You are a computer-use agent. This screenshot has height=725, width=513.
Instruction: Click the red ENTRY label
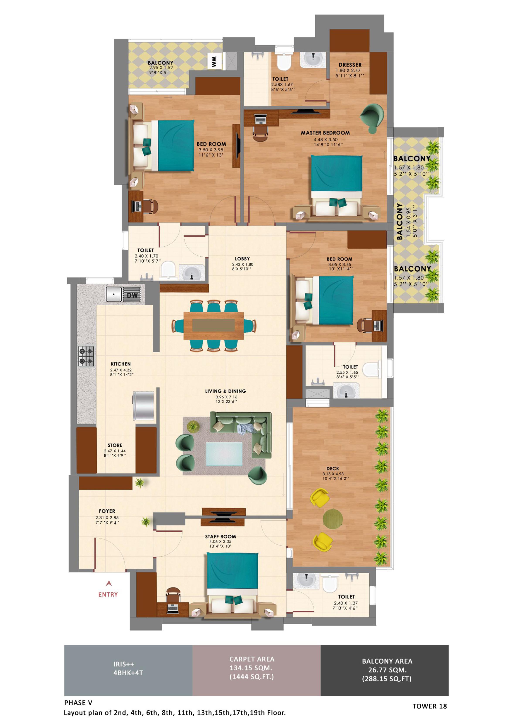pyautogui.click(x=108, y=595)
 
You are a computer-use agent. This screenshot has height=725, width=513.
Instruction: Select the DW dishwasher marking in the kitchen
pyautogui.click(x=132, y=295)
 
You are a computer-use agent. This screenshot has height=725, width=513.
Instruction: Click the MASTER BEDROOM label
pyautogui.click(x=325, y=133)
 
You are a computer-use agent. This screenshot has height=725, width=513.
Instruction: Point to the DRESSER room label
pyautogui.click(x=350, y=65)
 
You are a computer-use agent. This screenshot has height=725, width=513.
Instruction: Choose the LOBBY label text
pyautogui.click(x=242, y=259)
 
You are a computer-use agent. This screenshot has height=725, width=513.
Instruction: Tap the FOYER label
pyautogui.click(x=107, y=511)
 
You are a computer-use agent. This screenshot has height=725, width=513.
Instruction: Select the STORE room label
pyautogui.click(x=115, y=445)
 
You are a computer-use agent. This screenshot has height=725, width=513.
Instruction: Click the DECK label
pyautogui.click(x=333, y=469)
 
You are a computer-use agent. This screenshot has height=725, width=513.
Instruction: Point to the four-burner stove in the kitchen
pyautogui.click(x=86, y=356)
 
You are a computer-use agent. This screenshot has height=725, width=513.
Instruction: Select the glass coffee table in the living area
pyautogui.click(x=224, y=454)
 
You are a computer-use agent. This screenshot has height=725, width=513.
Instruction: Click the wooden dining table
pyautogui.click(x=214, y=325)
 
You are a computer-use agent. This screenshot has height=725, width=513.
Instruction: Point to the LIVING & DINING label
pyautogui.click(x=226, y=391)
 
